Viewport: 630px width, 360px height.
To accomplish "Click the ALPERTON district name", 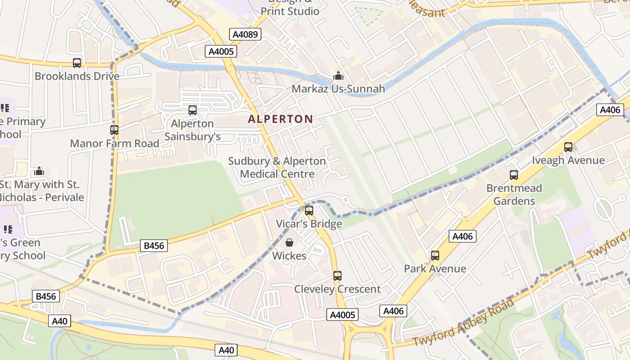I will click(280, 119).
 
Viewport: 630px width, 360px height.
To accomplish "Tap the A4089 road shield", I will click(245, 34).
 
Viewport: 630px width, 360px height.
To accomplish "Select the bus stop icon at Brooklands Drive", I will click(77, 63).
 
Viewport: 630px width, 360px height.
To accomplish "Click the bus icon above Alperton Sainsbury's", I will click(193, 110).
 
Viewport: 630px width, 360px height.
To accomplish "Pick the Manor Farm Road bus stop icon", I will click(114, 130).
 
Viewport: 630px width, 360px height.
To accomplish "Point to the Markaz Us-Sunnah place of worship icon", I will click(338, 76).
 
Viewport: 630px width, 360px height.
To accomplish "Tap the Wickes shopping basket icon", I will click(289, 243).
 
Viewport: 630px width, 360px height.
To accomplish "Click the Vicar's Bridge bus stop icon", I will click(309, 210).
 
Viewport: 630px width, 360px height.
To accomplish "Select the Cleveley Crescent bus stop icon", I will click(337, 276).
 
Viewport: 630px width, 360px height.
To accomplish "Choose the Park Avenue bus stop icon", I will click(435, 256).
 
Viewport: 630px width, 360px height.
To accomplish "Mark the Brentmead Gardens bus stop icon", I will click(514, 175).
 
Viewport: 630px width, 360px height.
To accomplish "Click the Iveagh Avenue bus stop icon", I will click(568, 147).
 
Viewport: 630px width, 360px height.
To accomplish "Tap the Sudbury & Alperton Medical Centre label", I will click(277, 167).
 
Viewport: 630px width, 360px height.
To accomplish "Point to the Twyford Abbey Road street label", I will click(463, 322).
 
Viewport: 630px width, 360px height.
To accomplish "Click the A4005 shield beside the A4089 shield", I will click(221, 51).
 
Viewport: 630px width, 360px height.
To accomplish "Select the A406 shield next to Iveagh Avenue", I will click(610, 109).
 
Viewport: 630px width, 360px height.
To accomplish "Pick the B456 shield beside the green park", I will click(154, 246).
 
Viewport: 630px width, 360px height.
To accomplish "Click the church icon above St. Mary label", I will click(39, 171).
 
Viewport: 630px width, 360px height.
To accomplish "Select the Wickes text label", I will click(289, 256).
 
